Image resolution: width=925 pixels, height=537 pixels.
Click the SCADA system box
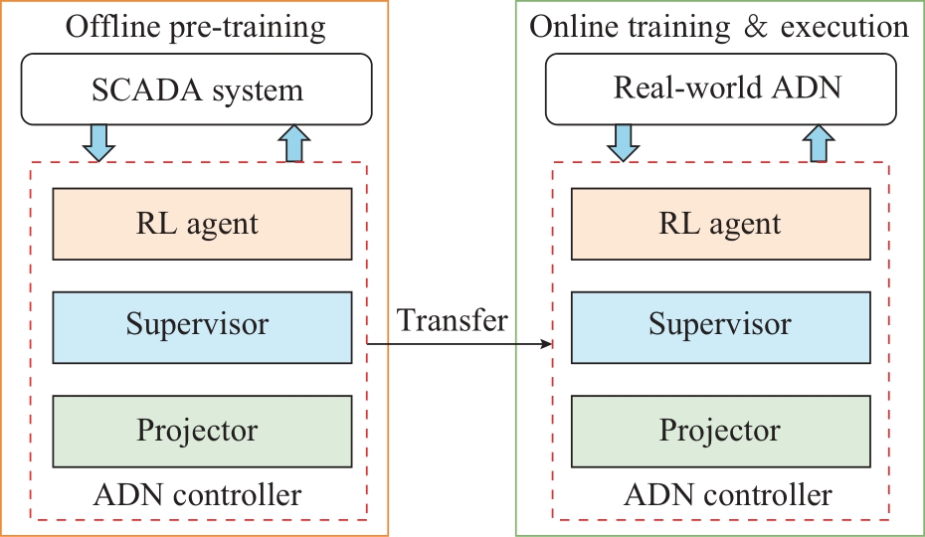197,89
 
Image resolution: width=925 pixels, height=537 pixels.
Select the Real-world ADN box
721,89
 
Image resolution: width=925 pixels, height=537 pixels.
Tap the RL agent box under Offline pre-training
202,224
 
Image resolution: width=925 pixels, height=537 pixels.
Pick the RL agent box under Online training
721,224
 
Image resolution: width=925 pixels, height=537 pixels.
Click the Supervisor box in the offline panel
202,327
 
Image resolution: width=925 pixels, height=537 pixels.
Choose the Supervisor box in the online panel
721,327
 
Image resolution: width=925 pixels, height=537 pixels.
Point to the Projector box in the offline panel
202,432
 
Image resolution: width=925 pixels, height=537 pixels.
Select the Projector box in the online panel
721,432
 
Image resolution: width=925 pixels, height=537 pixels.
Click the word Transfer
452,320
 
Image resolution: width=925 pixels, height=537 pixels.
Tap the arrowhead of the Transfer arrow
547,343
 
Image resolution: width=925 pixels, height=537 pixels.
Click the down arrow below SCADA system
98,143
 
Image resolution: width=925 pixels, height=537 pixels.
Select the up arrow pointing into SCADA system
293,143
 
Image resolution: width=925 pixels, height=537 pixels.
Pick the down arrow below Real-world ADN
623,143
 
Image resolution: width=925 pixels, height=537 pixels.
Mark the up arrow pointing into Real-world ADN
819,143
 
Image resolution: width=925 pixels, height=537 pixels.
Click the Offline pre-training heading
195,28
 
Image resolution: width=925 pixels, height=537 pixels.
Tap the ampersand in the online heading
756,27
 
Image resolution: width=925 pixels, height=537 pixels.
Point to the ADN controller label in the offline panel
197,494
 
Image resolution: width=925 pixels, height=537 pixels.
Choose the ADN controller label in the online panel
728,494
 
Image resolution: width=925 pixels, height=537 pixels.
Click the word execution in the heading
844,27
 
